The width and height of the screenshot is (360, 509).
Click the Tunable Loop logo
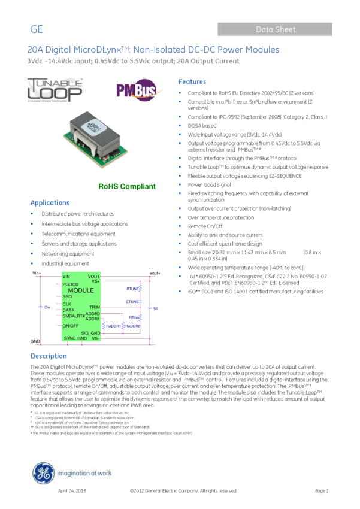click(x=55, y=90)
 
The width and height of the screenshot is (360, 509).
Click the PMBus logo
click(x=136, y=90)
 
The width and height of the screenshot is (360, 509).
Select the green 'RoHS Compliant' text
click(x=127, y=187)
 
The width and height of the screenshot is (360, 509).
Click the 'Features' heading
click(x=192, y=82)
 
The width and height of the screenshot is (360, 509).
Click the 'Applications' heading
click(x=50, y=203)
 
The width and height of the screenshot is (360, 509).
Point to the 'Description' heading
click(x=49, y=356)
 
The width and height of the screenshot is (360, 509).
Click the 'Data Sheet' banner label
click(x=276, y=29)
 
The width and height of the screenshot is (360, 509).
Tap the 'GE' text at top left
click(x=37, y=29)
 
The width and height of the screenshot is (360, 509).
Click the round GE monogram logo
click(x=43, y=473)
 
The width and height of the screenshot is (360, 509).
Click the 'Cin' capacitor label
click(x=47, y=307)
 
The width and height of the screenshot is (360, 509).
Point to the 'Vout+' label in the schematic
click(x=155, y=273)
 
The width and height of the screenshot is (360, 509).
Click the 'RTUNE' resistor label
click(x=132, y=289)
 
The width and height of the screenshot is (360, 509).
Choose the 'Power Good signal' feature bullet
click(x=209, y=185)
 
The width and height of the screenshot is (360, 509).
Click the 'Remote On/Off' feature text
click(x=205, y=226)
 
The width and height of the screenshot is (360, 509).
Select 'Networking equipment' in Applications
click(x=68, y=254)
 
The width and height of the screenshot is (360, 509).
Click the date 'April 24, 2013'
click(x=72, y=491)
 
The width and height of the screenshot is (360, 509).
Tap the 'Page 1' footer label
click(x=322, y=491)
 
